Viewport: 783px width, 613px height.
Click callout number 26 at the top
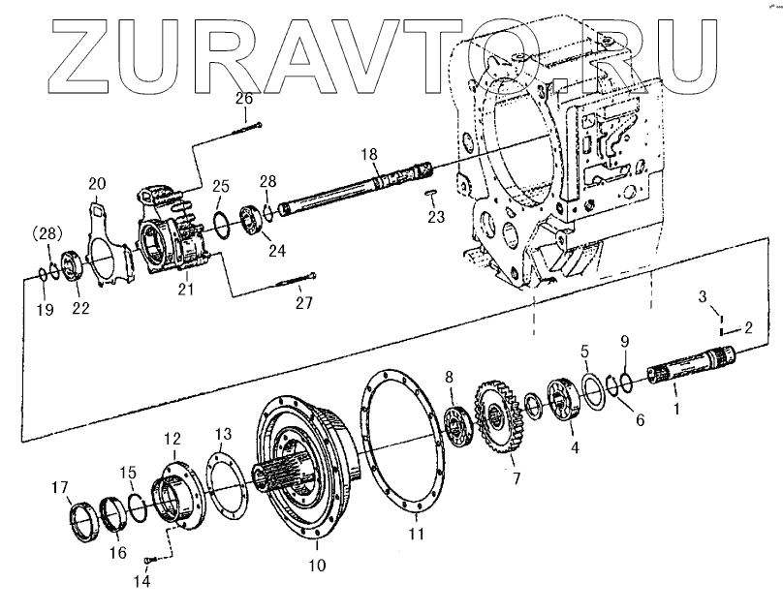tap(244, 99)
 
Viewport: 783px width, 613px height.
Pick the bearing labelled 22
tap(73, 266)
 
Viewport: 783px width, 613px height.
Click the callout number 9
tap(624, 341)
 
